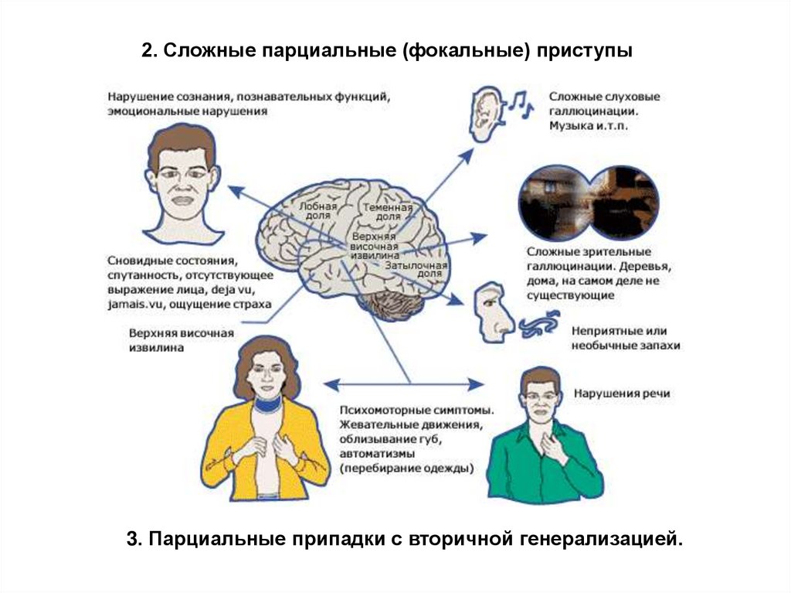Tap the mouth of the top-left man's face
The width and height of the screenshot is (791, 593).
183,199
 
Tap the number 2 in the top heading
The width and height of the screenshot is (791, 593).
146,52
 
